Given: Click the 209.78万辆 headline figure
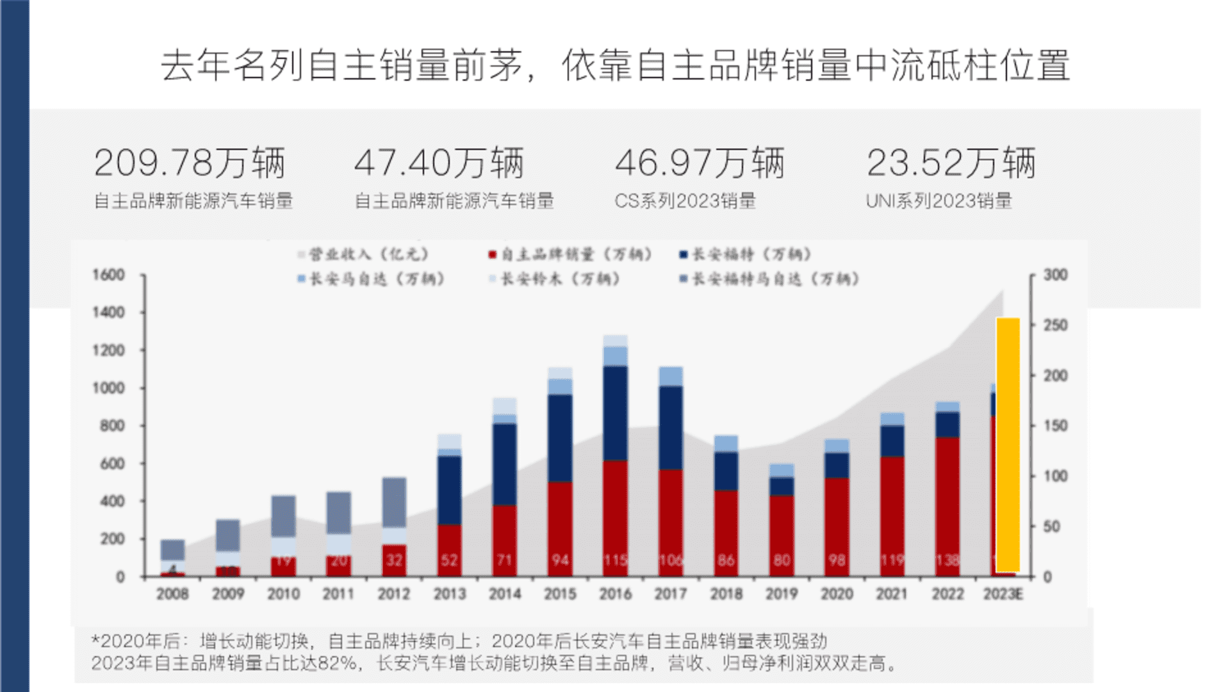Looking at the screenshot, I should click(190, 163).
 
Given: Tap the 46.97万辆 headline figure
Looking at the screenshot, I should click(700, 163).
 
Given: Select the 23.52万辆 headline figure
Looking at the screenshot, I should click(951, 163).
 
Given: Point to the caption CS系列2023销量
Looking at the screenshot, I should click(685, 201).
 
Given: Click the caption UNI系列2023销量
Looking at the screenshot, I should click(939, 201).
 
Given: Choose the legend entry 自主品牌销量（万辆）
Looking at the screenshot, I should click(570, 254).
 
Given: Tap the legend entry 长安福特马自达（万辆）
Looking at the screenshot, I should click(769, 279).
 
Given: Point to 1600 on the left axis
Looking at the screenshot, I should click(108, 275).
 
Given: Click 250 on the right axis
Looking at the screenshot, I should click(1055, 325).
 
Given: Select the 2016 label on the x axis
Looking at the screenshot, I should click(615, 594).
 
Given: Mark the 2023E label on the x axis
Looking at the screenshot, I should click(1003, 594).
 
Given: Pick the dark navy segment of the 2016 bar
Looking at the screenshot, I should click(615, 413).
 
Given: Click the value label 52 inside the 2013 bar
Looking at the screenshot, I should click(449, 560).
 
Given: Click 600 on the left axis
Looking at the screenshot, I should click(112, 463).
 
